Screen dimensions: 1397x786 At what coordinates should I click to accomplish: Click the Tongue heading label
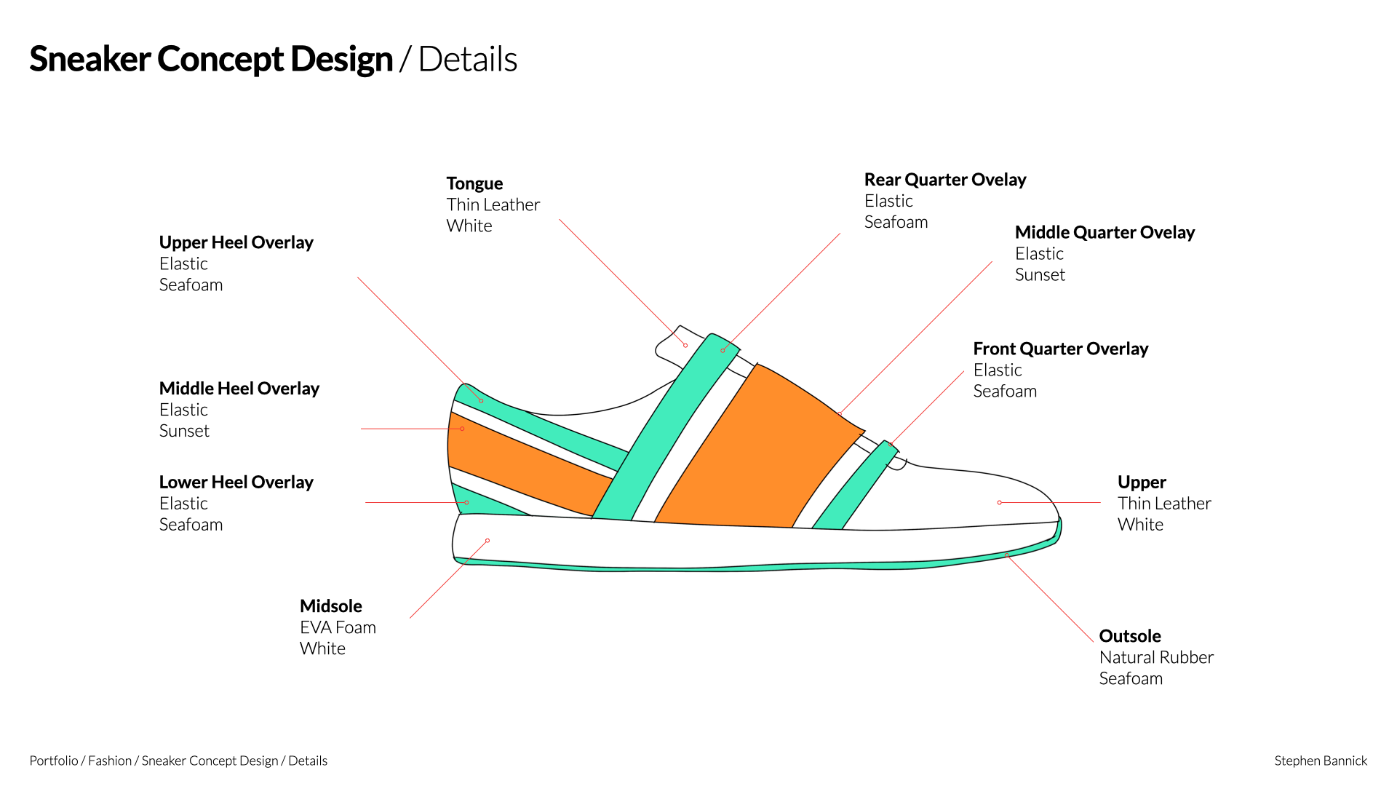474,183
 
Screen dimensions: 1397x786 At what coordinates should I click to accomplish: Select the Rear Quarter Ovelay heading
944,180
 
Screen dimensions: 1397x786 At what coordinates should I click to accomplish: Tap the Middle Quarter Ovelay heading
1105,232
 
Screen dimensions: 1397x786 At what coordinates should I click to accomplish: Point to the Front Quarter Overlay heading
1060,349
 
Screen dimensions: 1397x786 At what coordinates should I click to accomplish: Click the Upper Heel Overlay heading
236,242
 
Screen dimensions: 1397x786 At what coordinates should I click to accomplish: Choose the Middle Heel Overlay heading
239,389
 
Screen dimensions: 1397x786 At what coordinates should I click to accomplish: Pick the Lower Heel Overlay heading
236,483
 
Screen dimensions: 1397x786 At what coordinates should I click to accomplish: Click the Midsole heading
330,606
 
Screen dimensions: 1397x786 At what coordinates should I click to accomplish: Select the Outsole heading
1129,636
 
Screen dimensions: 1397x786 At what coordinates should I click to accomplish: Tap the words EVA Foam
338,627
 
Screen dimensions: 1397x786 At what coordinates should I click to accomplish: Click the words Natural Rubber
1155,657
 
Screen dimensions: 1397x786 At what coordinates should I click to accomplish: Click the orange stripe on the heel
524,466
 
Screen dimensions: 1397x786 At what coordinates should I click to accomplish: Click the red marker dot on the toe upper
1000,502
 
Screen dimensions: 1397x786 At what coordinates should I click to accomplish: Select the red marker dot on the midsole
487,541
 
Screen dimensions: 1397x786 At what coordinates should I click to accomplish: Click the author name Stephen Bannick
1320,761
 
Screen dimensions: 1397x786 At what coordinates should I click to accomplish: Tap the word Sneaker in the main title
89,60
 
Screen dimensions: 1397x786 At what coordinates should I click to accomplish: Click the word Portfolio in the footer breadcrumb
54,761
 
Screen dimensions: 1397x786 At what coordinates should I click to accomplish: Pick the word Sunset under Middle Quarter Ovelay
1040,275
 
